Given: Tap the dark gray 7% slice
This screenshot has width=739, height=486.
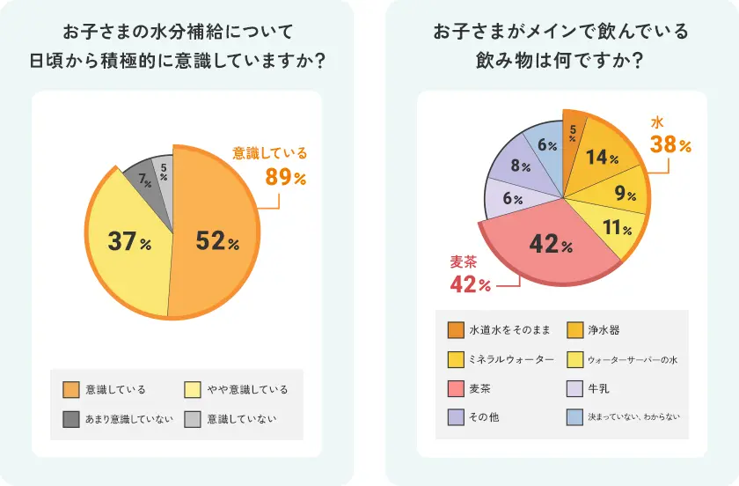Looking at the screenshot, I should [139, 180].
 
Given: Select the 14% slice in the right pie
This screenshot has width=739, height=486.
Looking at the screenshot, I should [601, 158].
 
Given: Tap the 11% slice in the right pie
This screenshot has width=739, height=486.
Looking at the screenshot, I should [613, 229].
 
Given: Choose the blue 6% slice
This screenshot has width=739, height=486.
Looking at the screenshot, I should [545, 145].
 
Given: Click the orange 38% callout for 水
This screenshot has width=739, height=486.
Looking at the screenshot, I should [670, 144].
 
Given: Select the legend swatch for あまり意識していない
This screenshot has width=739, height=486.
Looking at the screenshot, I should [70, 418].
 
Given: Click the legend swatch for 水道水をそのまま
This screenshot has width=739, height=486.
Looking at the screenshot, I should [455, 330].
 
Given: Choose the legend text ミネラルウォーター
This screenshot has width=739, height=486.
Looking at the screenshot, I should [511, 359].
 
